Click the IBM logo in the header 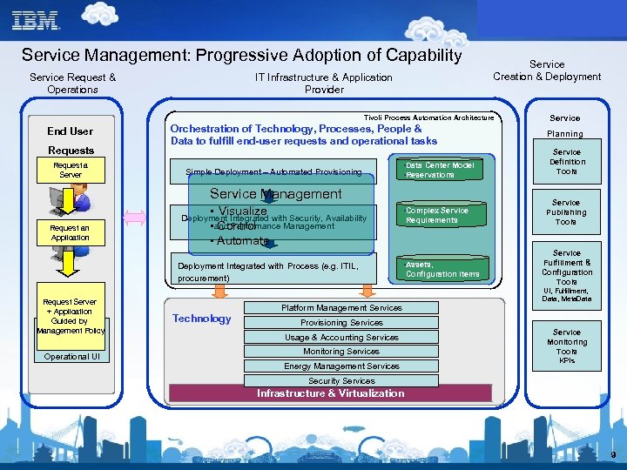tap(36, 20)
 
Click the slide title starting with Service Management tap(241, 55)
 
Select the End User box tap(70, 131)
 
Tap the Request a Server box tap(70, 170)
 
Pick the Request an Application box tap(70, 232)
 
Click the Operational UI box tap(71, 356)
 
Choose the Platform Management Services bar tap(341, 307)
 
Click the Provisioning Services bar tap(341, 322)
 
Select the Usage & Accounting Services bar tap(341, 337)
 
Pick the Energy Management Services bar tap(341, 366)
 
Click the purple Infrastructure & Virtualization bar tap(330, 393)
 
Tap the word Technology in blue tap(202, 319)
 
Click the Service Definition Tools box tap(566, 161)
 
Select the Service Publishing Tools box tap(566, 212)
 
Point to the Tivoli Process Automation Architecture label tap(428, 117)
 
